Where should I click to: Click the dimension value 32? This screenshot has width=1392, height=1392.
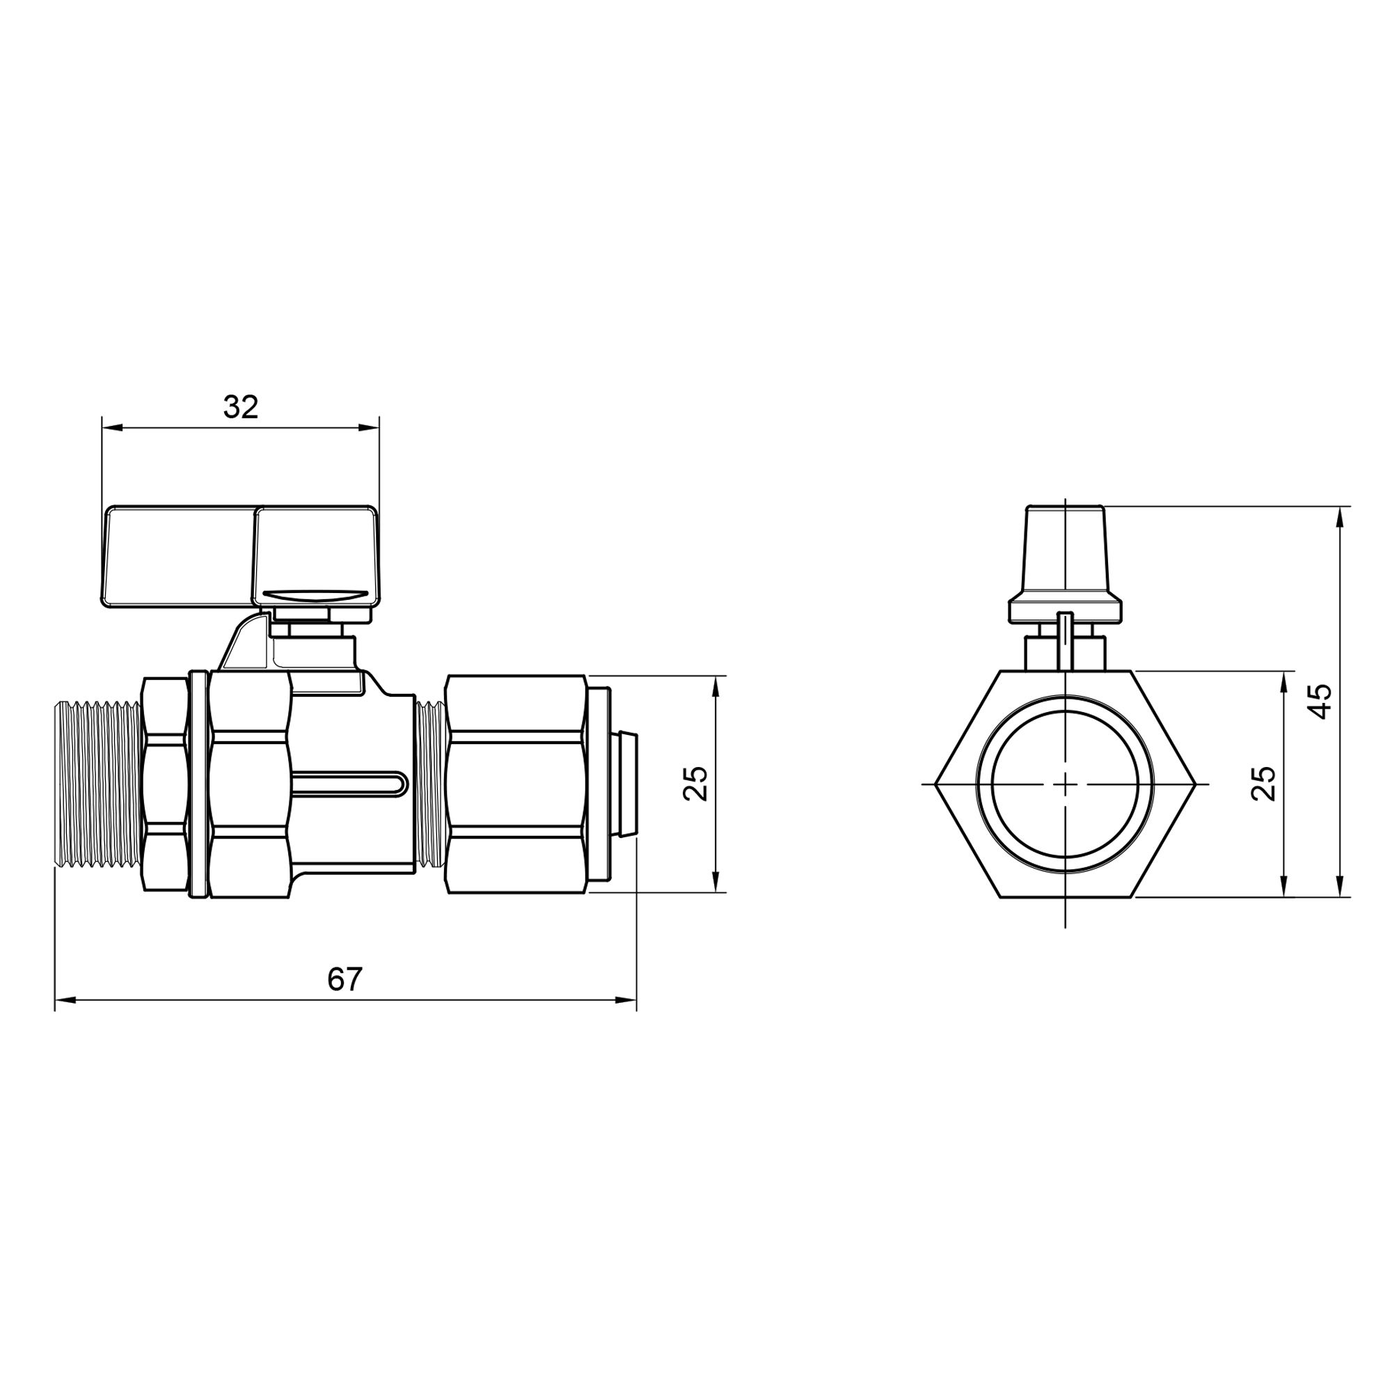coord(241,408)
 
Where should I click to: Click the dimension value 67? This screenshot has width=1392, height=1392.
coord(345,979)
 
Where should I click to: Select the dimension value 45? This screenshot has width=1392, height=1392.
coord(1320,701)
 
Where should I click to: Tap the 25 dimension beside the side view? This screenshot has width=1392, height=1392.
coord(696,784)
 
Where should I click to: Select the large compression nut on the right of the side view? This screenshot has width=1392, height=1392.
coord(515,784)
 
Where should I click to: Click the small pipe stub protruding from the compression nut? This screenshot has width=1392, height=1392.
coord(628,784)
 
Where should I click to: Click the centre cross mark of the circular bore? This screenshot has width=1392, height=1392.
coord(1065,784)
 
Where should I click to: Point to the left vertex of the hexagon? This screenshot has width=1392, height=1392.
coord(937,784)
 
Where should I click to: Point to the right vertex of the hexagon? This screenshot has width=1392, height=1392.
coord(1196,784)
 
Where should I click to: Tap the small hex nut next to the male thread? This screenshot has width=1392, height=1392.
coord(164,784)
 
